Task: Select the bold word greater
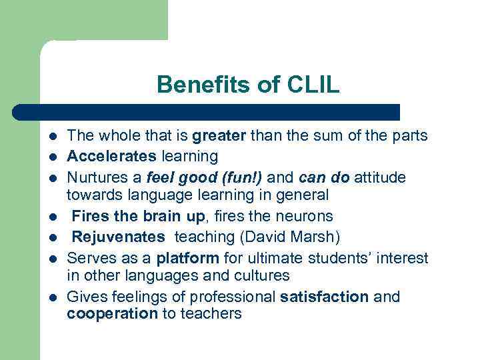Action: click(x=220, y=137)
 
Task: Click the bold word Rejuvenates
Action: click(x=118, y=237)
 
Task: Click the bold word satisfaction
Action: click(x=325, y=297)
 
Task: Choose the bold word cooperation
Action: click(x=112, y=313)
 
